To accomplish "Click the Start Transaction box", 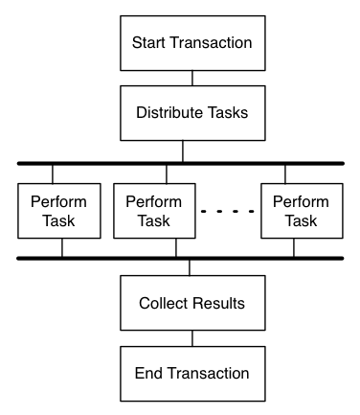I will tap(191, 42).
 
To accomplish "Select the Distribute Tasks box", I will tap(191, 112).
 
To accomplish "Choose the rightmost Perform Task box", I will tap(302, 212).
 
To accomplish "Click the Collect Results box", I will tap(191, 303).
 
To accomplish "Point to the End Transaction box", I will tap(191, 373).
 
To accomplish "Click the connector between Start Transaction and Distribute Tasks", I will tap(191, 77).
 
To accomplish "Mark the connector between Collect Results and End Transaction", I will tap(191, 337).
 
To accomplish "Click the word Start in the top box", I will tap(148, 42).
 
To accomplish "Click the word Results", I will tap(218, 303).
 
